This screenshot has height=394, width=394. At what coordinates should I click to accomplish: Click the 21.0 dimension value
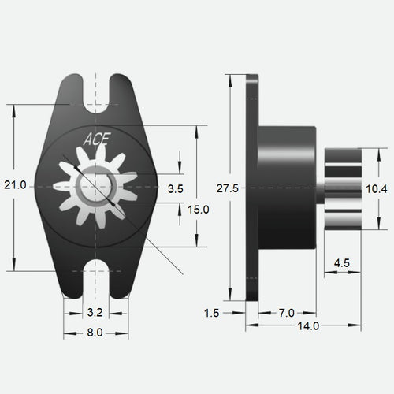tap(16, 184)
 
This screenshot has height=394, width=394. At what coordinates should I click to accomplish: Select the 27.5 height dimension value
tap(227, 188)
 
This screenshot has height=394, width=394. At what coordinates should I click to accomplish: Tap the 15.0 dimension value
tap(199, 209)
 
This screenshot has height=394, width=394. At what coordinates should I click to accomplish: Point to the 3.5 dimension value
tap(175, 189)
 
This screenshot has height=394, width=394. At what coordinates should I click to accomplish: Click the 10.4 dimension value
tap(376, 188)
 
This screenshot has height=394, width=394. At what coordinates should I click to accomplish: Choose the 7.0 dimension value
tap(288, 313)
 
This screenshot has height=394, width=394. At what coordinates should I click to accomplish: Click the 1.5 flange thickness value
tap(210, 313)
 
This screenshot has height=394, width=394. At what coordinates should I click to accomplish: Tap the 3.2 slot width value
tap(96, 313)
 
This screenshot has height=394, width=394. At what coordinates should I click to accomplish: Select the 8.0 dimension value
tap(95, 333)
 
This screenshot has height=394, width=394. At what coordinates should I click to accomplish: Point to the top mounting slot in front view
tap(96, 89)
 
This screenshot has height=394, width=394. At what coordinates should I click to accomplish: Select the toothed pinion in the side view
tap(342, 188)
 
